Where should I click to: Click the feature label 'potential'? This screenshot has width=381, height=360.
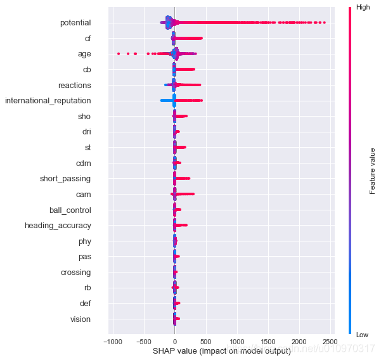click(75, 23)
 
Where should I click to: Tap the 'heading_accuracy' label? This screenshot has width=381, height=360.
click(58, 226)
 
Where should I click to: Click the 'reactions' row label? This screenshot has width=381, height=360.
click(74, 85)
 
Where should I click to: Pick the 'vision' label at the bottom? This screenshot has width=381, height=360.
click(81, 319)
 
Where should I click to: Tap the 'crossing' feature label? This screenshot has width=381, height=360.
click(75, 273)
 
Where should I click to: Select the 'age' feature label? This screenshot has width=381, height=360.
click(84, 54)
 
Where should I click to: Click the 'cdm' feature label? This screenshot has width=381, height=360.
click(83, 163)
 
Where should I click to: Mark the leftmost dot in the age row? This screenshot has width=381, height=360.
click(119, 54)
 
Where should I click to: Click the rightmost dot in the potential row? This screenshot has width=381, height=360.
click(325, 23)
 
